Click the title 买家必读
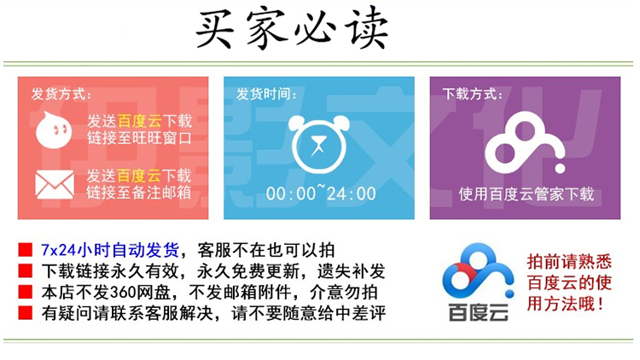[292, 28]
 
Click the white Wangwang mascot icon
[54, 130]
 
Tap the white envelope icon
[55, 184]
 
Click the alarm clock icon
[319, 143]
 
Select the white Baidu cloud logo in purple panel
[525, 142]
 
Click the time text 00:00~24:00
[321, 193]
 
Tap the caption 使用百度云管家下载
[527, 194]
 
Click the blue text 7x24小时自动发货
[110, 250]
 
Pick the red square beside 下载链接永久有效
[26, 270]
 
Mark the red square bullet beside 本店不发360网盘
[26, 292]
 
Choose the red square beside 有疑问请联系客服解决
[26, 312]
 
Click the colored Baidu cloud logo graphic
[478, 271]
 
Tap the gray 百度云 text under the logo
[479, 312]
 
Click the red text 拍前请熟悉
[569, 262]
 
